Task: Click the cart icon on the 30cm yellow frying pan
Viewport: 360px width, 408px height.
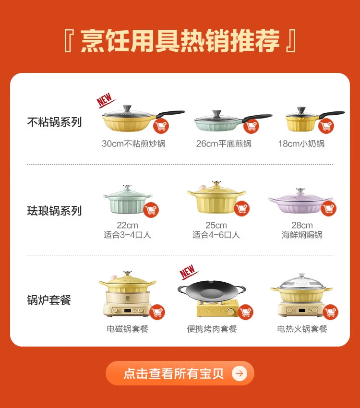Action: point(161,126)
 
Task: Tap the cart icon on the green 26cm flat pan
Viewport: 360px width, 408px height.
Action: point(251,126)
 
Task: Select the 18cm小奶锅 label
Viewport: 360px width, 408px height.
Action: point(301,144)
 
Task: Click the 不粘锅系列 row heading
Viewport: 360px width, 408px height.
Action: point(54,122)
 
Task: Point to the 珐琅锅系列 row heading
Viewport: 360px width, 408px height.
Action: point(54,211)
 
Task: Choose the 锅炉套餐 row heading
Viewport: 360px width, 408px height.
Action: point(49,300)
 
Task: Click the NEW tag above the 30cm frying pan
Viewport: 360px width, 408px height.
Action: point(105,100)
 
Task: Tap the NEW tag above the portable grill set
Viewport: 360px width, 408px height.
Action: point(188,272)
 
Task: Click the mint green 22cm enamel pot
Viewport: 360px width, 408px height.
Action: point(127,200)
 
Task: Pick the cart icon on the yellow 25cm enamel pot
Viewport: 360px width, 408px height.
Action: point(241,208)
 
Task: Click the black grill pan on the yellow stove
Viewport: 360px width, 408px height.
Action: point(211,291)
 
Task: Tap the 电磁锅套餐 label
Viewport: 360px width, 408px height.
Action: point(127,329)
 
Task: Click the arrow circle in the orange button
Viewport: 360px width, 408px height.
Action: point(240,373)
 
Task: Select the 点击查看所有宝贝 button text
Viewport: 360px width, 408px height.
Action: point(173,373)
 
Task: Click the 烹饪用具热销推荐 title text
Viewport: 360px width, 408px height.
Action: point(180,41)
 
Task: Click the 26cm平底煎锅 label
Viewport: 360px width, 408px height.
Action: point(224,144)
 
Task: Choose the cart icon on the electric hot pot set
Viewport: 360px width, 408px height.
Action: point(330,312)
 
